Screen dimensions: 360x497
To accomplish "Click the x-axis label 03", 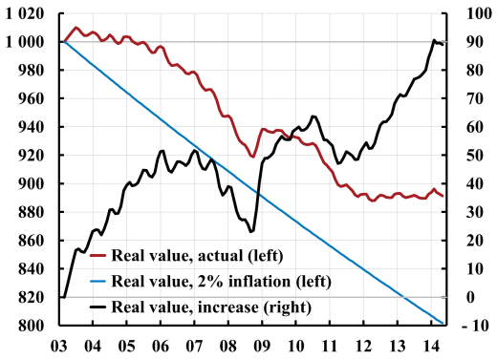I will pyautogui.click(x=62, y=345).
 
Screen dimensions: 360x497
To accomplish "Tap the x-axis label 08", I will pyautogui.click(x=228, y=345).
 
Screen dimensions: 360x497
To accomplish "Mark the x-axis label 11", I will pyautogui.click(x=329, y=345).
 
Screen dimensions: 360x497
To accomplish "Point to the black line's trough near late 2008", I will pyautogui.click(x=251, y=231).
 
